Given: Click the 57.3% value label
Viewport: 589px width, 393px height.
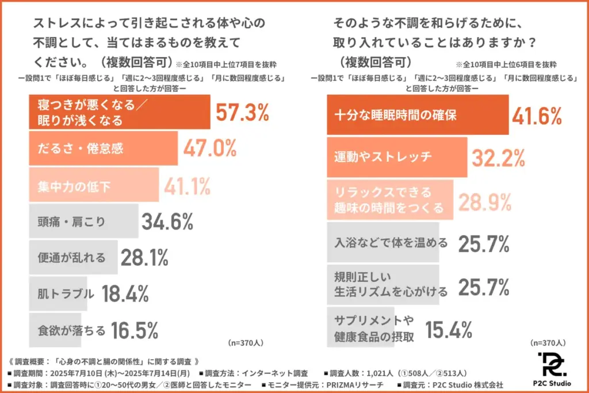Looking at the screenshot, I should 242,113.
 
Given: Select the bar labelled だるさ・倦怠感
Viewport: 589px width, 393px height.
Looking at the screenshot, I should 103,148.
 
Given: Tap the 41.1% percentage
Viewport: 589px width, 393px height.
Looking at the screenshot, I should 187,185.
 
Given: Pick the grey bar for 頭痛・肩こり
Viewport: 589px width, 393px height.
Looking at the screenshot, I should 83,221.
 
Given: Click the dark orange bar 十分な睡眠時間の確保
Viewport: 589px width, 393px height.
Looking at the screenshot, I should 417,115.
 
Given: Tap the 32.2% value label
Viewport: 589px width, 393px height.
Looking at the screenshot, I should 498,157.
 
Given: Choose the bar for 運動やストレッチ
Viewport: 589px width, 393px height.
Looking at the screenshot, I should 396,157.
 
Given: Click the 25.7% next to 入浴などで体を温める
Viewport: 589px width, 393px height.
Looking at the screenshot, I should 484,244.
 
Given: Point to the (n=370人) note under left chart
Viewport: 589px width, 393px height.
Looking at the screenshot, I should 246,342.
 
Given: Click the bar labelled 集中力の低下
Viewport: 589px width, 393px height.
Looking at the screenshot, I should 93,185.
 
